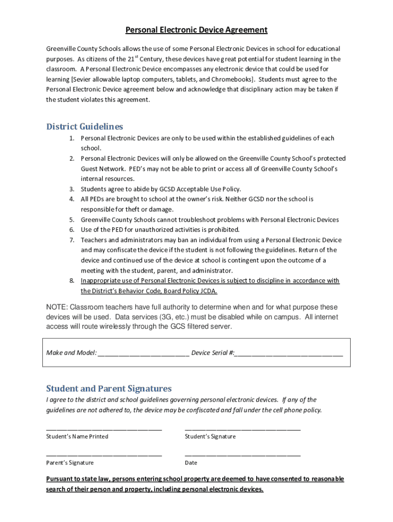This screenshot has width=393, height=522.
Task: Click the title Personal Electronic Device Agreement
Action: [x=196, y=30]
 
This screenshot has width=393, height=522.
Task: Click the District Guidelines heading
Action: [x=84, y=126]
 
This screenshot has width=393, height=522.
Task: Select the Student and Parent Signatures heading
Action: [x=109, y=388]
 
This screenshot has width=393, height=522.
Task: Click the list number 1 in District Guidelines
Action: [x=72, y=138]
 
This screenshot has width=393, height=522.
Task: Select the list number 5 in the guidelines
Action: [x=72, y=220]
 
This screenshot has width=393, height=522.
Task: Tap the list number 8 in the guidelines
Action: [x=72, y=281]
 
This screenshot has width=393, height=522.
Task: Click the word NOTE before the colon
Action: [x=56, y=307]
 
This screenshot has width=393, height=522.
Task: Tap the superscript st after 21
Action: [x=137, y=56]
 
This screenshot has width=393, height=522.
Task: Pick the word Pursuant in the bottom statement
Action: [x=60, y=479]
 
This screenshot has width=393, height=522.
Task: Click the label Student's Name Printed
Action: [x=77, y=437]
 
